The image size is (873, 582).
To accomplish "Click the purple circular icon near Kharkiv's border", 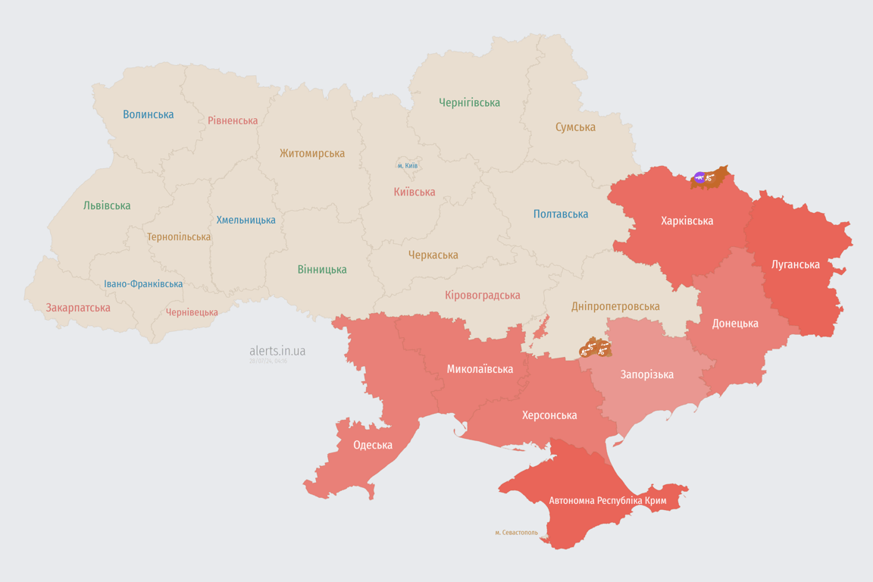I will coord(699,178).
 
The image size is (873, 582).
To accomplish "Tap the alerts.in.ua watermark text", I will coord(277,351).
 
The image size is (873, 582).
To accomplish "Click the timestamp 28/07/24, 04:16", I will coord(268,361).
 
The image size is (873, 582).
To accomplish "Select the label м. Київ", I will coord(408,165).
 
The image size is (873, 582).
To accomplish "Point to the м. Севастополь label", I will coord(516,533).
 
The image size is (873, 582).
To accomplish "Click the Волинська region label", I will coord(149,114).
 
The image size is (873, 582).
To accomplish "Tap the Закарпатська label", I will coord(78,308).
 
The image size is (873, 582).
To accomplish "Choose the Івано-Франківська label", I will coord(143,284).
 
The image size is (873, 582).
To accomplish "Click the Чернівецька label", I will coord(192,312).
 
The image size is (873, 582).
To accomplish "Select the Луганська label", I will coord(795,264).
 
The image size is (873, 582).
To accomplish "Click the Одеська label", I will coord(373,445).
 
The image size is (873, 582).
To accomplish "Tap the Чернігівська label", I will coord(469,102).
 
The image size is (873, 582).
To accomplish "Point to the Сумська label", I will coord(575,127).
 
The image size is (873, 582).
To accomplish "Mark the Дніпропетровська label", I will coord(615,307).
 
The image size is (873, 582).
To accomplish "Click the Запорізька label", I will coord(646,374).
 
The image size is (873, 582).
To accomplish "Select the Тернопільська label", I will coord(179,236).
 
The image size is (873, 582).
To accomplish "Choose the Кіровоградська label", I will coord(482,295).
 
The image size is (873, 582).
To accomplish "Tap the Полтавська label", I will coord(561,214).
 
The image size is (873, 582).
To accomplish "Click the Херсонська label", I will coord(549,415).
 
